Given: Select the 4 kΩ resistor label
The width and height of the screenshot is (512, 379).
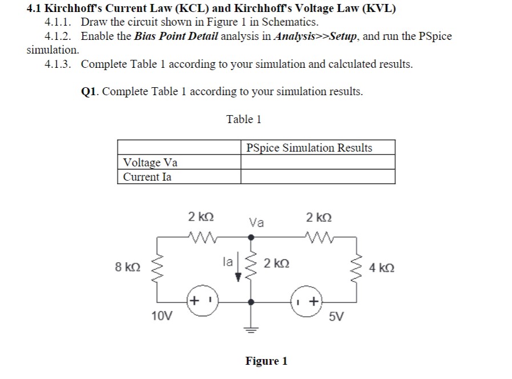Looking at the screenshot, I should coord(381,267).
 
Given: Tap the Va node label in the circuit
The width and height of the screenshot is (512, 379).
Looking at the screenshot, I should coord(256,223).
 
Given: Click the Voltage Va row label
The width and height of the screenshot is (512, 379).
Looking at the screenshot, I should coord(151,162).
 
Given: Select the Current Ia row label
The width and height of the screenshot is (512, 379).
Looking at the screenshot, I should coord(147,177).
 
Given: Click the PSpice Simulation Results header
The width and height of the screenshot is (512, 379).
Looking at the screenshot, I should coord(309,148).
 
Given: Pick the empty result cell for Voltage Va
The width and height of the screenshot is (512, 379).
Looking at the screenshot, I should coord(317,162).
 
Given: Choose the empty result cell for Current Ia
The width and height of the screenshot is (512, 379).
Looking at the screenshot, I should coord(317,177).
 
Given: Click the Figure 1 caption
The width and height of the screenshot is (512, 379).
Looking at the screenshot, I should coord(267,361).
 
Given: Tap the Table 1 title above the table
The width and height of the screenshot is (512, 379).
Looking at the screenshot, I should coord(244,119).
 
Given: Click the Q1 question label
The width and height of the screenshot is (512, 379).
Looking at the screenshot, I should coord(91,91).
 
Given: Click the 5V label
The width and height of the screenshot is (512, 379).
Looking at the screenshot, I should coord(337,315).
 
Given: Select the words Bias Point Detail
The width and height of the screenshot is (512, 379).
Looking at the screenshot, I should coord(170,36).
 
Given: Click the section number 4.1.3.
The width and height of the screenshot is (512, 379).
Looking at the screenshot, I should coord(59,64).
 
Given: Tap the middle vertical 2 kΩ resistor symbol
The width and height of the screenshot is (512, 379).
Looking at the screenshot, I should coord(250,268).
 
